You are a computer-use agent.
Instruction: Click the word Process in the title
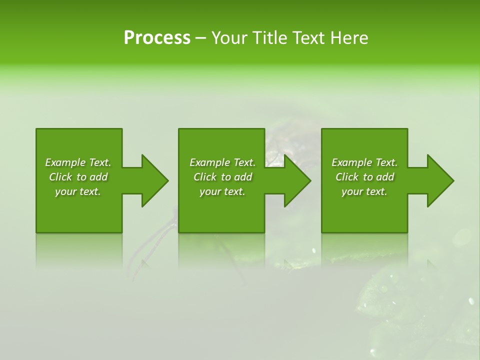tap(157, 38)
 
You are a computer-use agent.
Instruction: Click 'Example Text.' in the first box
tap(78, 162)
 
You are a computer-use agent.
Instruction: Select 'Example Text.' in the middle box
tap(222, 162)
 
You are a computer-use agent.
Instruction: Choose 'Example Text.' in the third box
tap(364, 162)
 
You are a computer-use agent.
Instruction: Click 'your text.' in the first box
tap(78, 191)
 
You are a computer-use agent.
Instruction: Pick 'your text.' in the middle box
tap(222, 191)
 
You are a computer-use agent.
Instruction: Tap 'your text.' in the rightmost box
tap(364, 191)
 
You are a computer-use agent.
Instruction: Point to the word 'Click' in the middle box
tap(205, 177)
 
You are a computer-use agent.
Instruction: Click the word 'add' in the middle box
tap(243, 177)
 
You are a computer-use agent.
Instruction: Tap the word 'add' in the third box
tap(385, 177)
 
